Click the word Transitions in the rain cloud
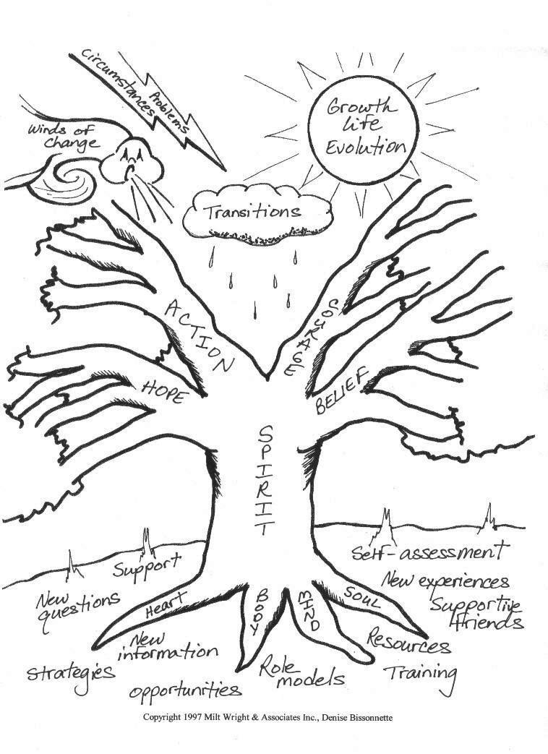pyautogui.click(x=252, y=212)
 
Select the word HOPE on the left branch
pyautogui.click(x=168, y=388)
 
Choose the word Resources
pyautogui.click(x=408, y=640)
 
